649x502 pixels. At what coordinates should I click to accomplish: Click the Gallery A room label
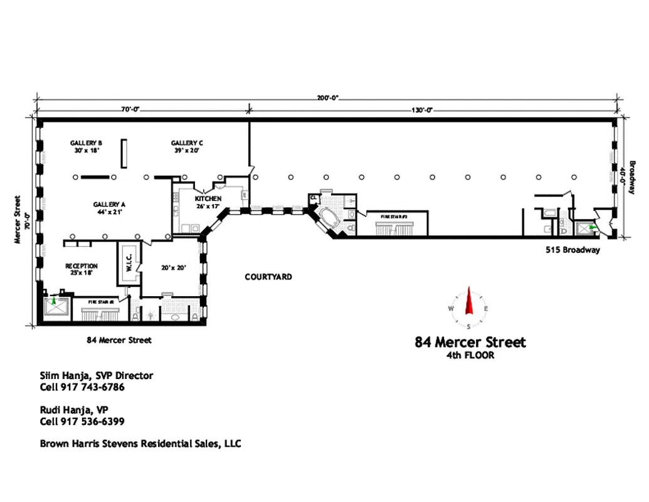coord(109,205)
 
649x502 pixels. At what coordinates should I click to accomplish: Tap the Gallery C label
coord(187,143)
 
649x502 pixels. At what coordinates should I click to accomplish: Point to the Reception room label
coord(82,266)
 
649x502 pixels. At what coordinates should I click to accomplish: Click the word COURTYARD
coord(268,277)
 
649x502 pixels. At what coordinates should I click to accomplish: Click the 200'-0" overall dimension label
coord(327,98)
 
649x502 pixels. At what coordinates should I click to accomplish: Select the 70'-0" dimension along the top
coord(130,110)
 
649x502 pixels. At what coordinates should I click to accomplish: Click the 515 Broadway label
coord(572,250)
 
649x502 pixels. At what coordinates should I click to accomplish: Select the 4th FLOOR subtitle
coord(470,356)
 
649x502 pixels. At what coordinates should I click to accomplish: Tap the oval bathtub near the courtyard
coord(329,219)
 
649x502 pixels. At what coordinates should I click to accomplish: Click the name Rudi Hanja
coord(66,410)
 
